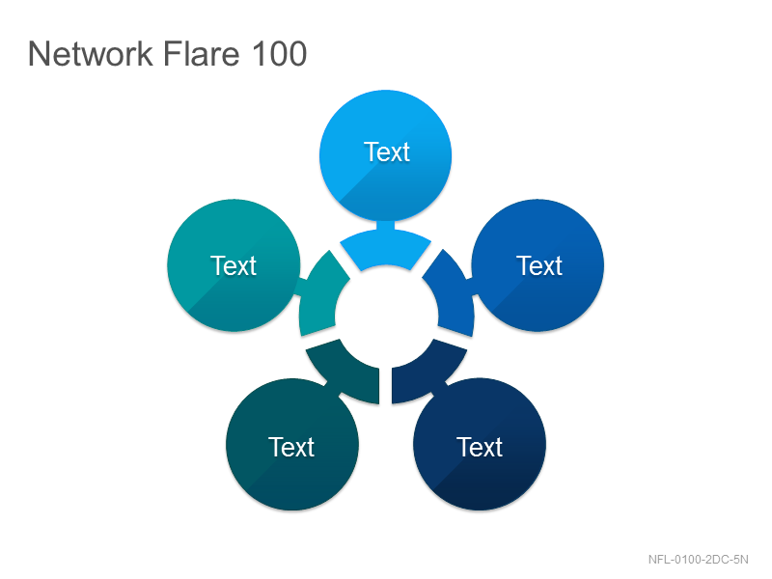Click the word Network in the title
(x=91, y=53)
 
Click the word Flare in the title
(x=201, y=53)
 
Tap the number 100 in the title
(x=279, y=53)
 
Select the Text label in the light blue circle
(x=387, y=152)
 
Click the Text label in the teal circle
(x=234, y=266)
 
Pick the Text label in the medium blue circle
(x=539, y=266)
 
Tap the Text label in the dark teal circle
(x=291, y=447)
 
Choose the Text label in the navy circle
(x=480, y=447)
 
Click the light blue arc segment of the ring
(x=385, y=248)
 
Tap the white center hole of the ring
(x=387, y=317)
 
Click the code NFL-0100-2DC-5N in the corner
(x=698, y=560)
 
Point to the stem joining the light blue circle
(x=385, y=226)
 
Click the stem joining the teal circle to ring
(x=300, y=287)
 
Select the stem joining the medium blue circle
(x=472, y=287)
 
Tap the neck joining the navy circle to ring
(x=439, y=388)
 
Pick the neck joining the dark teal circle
(x=333, y=388)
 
